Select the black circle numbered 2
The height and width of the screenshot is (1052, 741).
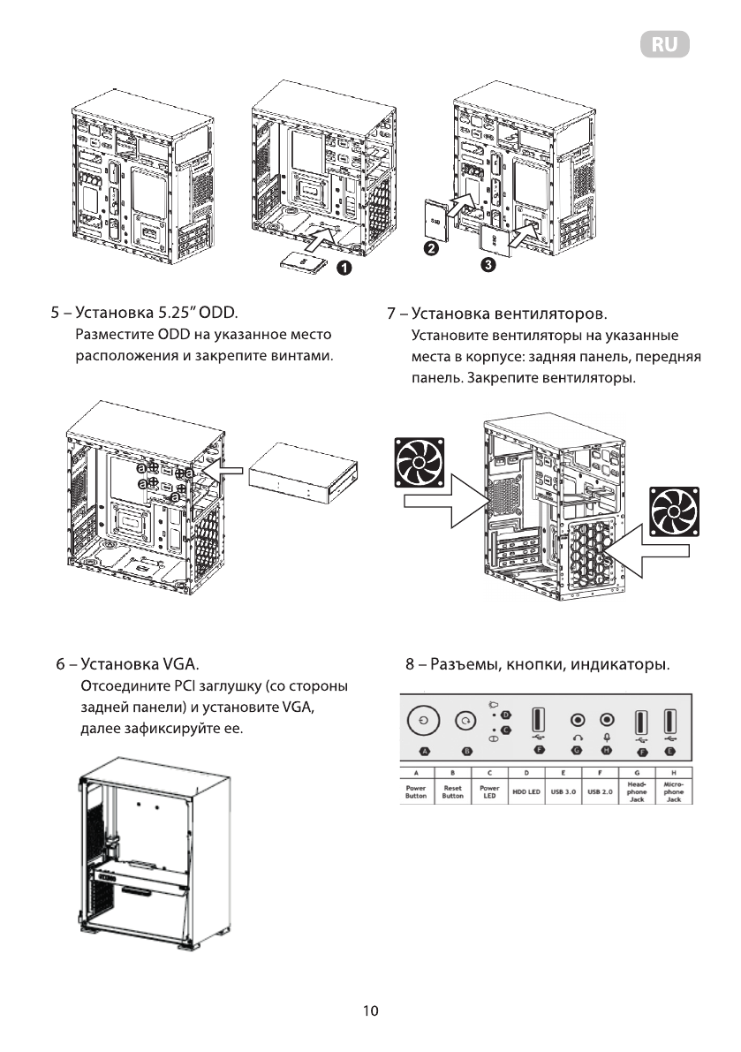(x=431, y=249)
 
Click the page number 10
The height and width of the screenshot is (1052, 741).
(x=371, y=1010)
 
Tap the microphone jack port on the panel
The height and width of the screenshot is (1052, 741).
(x=607, y=720)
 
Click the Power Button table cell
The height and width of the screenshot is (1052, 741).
(x=415, y=791)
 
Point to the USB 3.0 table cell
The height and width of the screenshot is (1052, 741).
(x=563, y=792)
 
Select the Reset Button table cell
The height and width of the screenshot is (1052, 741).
(x=452, y=791)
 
